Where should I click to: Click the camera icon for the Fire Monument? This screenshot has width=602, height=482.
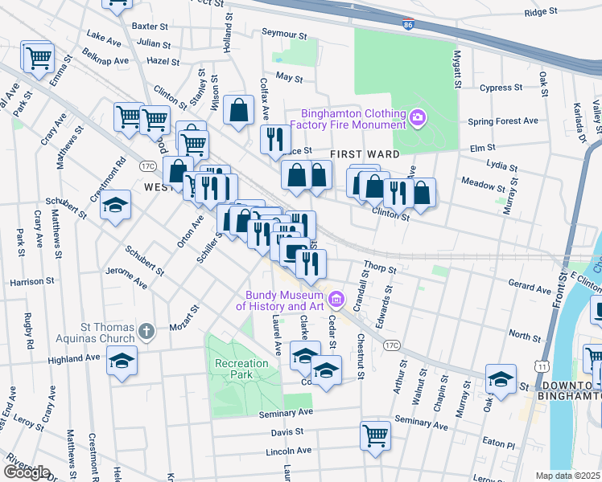click(417, 118)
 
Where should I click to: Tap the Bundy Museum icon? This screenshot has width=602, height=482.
click(336, 300)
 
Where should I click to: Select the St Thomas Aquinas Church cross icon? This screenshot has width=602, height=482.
click(146, 331)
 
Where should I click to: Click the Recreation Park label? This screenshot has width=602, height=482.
click(241, 370)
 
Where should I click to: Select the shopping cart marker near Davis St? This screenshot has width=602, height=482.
click(375, 436)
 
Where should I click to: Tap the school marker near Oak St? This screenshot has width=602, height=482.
click(500, 378)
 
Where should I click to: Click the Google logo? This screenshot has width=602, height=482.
click(26, 472)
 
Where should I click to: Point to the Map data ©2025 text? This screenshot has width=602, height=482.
click(568, 476)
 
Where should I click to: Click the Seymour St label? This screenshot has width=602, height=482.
click(285, 35)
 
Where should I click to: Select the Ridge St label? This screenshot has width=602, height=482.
click(541, 12)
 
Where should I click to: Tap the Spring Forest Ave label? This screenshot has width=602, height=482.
click(503, 120)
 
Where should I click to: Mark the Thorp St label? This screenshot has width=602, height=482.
click(381, 266)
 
